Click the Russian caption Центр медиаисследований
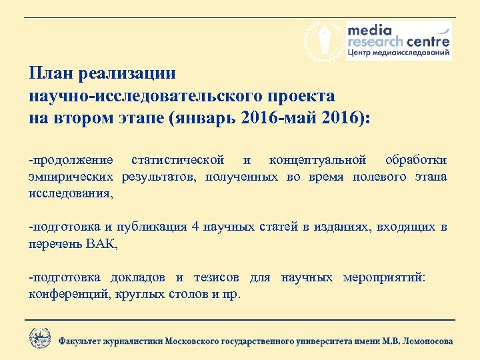point(398,52)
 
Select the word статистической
point(178,160)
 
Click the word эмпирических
point(72,177)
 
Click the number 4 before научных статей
point(195,227)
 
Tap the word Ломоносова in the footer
point(425,341)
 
